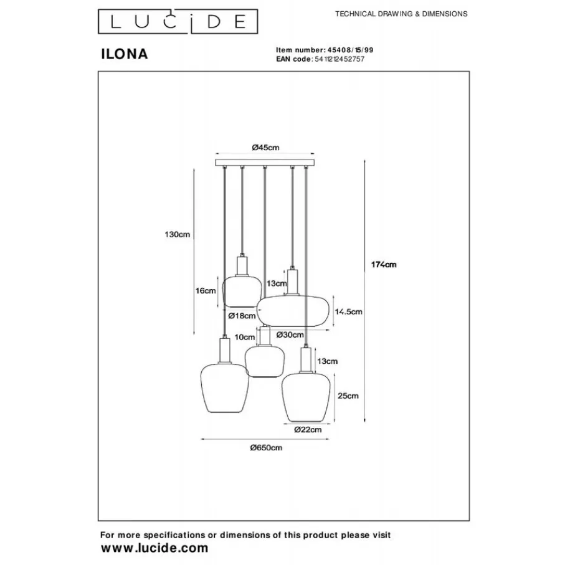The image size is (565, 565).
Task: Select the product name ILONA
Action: [124, 54]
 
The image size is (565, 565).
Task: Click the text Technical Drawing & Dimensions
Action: [401, 14]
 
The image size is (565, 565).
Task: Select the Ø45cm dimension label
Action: [265, 147]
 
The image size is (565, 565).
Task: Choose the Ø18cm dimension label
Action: [240, 316]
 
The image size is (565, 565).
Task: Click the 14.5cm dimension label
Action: [349, 311]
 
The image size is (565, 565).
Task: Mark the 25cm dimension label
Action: [348, 395]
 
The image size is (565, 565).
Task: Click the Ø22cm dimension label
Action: [308, 429]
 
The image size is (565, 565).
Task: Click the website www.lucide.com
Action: [154, 548]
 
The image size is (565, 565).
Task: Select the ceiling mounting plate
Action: [265, 163]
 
